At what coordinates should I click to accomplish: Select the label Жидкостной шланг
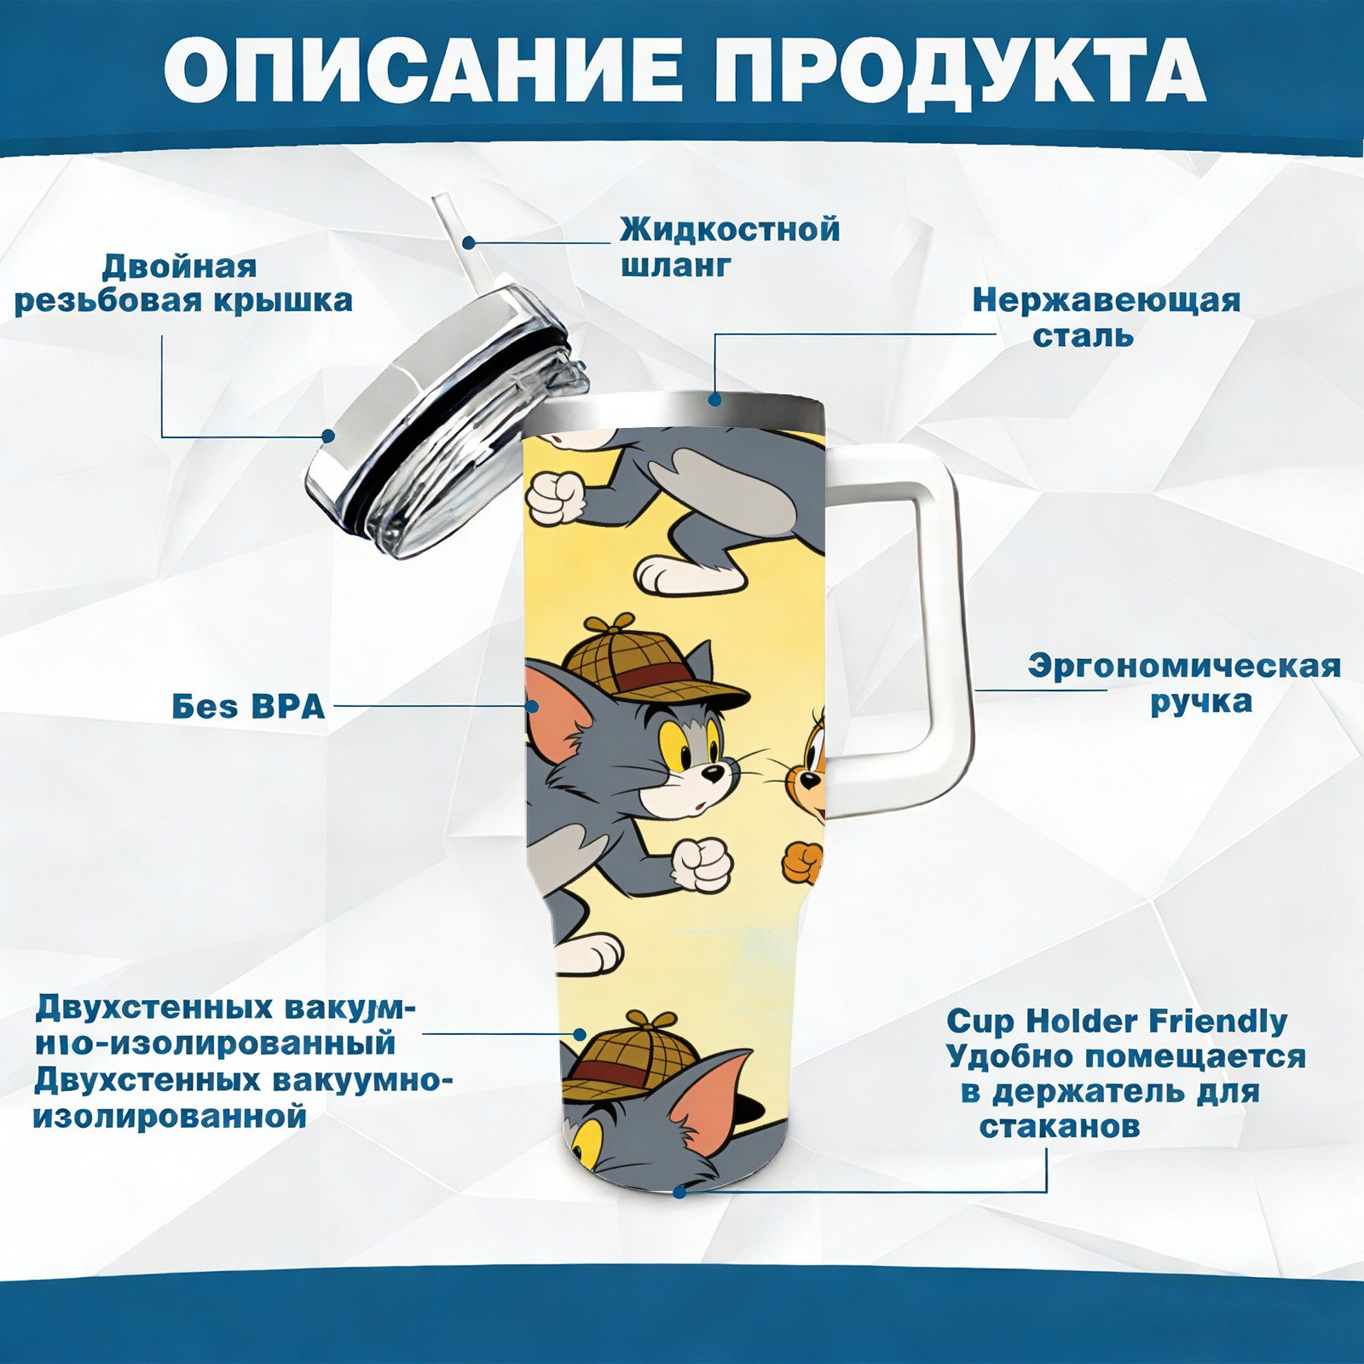730,246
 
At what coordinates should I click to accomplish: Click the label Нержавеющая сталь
1107,317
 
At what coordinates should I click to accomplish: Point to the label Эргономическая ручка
1185,684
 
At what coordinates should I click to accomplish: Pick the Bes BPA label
248,706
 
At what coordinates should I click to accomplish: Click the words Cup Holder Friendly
1117,1020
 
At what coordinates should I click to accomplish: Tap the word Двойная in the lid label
179,267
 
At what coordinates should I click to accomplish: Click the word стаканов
1059,1126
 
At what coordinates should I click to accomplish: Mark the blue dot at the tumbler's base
679,1192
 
